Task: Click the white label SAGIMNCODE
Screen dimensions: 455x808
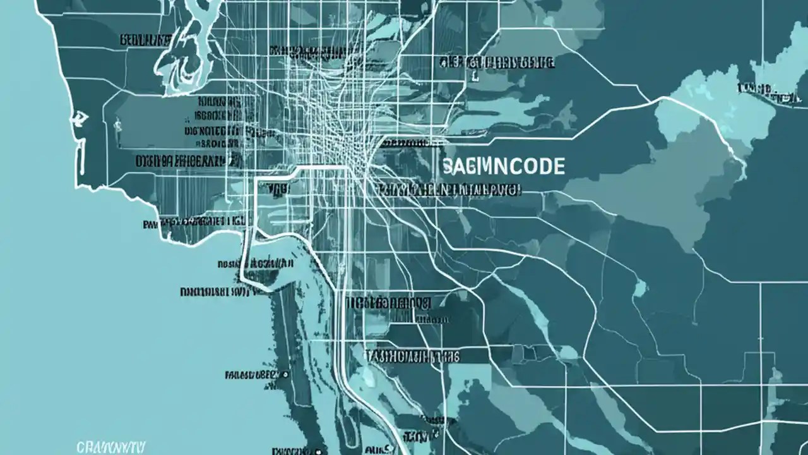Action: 504,167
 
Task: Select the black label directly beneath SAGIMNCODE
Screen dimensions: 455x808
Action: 451,189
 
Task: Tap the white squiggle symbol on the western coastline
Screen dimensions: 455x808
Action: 80,117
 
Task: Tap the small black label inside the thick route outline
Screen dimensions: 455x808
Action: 278,188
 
